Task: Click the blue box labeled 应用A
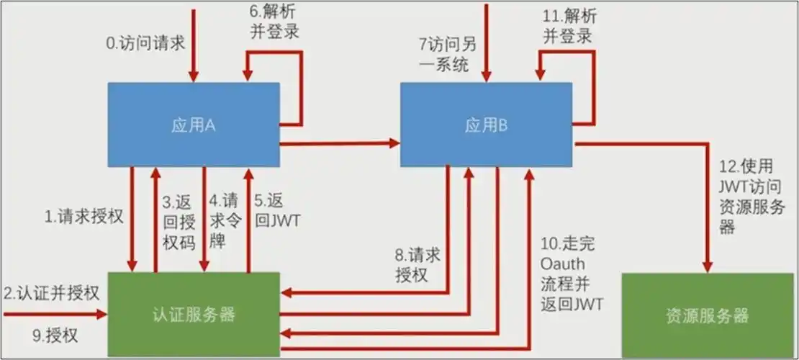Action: click(x=194, y=125)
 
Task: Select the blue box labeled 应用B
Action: click(x=486, y=125)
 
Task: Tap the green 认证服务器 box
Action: click(x=194, y=315)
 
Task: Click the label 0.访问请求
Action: click(x=145, y=43)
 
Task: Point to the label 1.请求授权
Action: click(x=85, y=217)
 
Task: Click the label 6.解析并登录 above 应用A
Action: click(x=273, y=22)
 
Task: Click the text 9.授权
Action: click(x=55, y=335)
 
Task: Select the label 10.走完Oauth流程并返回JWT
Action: click(x=572, y=273)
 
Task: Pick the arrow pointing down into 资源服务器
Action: click(x=708, y=216)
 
